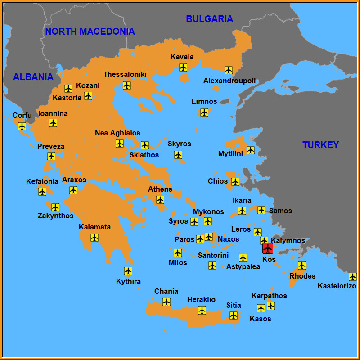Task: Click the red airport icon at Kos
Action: point(268,248)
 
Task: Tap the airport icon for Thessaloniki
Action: point(127,85)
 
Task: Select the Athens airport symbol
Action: point(160,199)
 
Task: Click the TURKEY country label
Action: point(320,145)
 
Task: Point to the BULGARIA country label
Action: point(210,19)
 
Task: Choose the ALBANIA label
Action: point(33,77)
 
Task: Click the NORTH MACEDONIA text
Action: point(90,31)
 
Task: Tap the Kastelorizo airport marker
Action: point(353,276)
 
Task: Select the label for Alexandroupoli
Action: point(229,81)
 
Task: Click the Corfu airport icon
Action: point(22,126)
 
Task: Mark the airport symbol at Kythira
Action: point(128,270)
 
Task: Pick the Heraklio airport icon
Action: point(202,310)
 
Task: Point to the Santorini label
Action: point(213,256)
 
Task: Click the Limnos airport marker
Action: point(204,112)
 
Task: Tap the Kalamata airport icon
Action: point(94,237)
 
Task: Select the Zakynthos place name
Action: point(55,216)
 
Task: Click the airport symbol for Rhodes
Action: point(302,265)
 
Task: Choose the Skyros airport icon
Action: point(178,155)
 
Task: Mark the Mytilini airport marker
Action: point(251,150)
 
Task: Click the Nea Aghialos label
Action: point(117,133)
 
